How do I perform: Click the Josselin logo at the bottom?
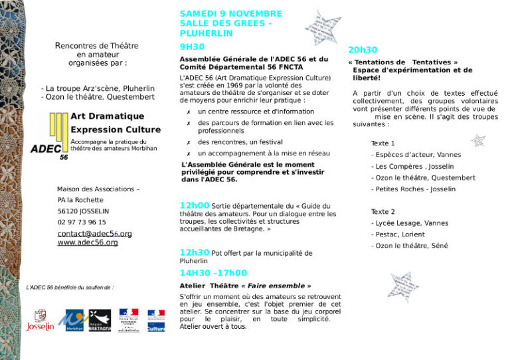pos(40,320)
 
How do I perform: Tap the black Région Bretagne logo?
pos(100,320)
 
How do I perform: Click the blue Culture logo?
pos(155,320)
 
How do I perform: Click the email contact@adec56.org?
pos(94,234)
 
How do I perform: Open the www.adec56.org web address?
pos(88,242)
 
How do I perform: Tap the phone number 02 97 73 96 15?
pos(81,223)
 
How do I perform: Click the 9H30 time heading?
pos(192,46)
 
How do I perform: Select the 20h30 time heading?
pos(363,50)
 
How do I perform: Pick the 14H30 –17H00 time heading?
pos(212,272)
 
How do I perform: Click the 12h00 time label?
pos(194,205)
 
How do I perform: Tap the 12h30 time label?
pos(194,252)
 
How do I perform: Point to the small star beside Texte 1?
pos(477,141)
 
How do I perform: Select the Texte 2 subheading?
pos(383,212)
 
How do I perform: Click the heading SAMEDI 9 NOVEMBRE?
pos(230,13)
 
